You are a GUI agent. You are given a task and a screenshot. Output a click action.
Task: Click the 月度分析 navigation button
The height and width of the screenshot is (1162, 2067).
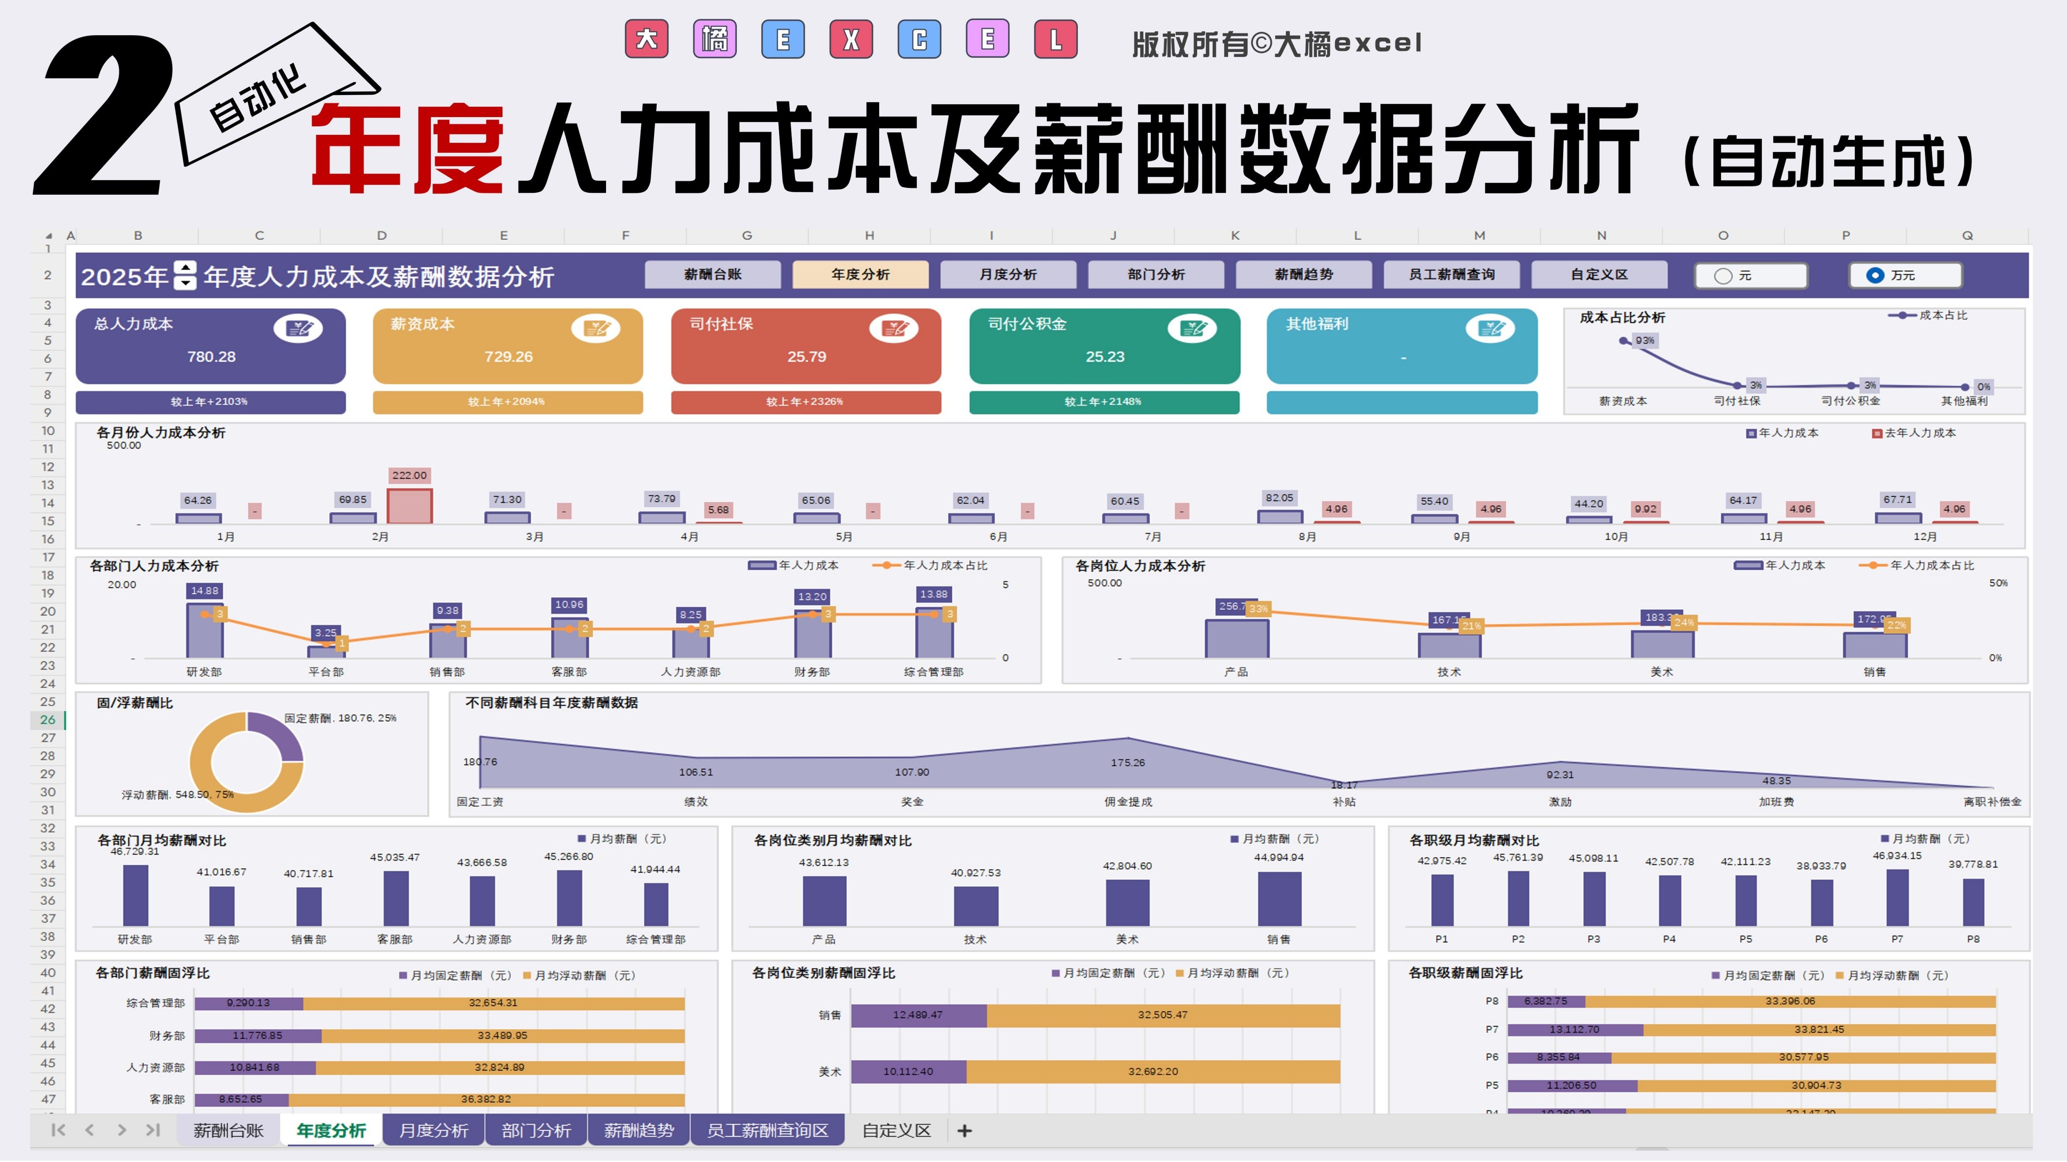[x=1008, y=274]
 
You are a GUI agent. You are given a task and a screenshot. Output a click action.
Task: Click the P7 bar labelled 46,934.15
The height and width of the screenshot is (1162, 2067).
[x=1897, y=897]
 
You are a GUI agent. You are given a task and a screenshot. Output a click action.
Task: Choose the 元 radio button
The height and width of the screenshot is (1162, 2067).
[x=1723, y=275]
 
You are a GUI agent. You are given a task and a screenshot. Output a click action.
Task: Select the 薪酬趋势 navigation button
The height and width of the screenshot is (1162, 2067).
[x=1303, y=274]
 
